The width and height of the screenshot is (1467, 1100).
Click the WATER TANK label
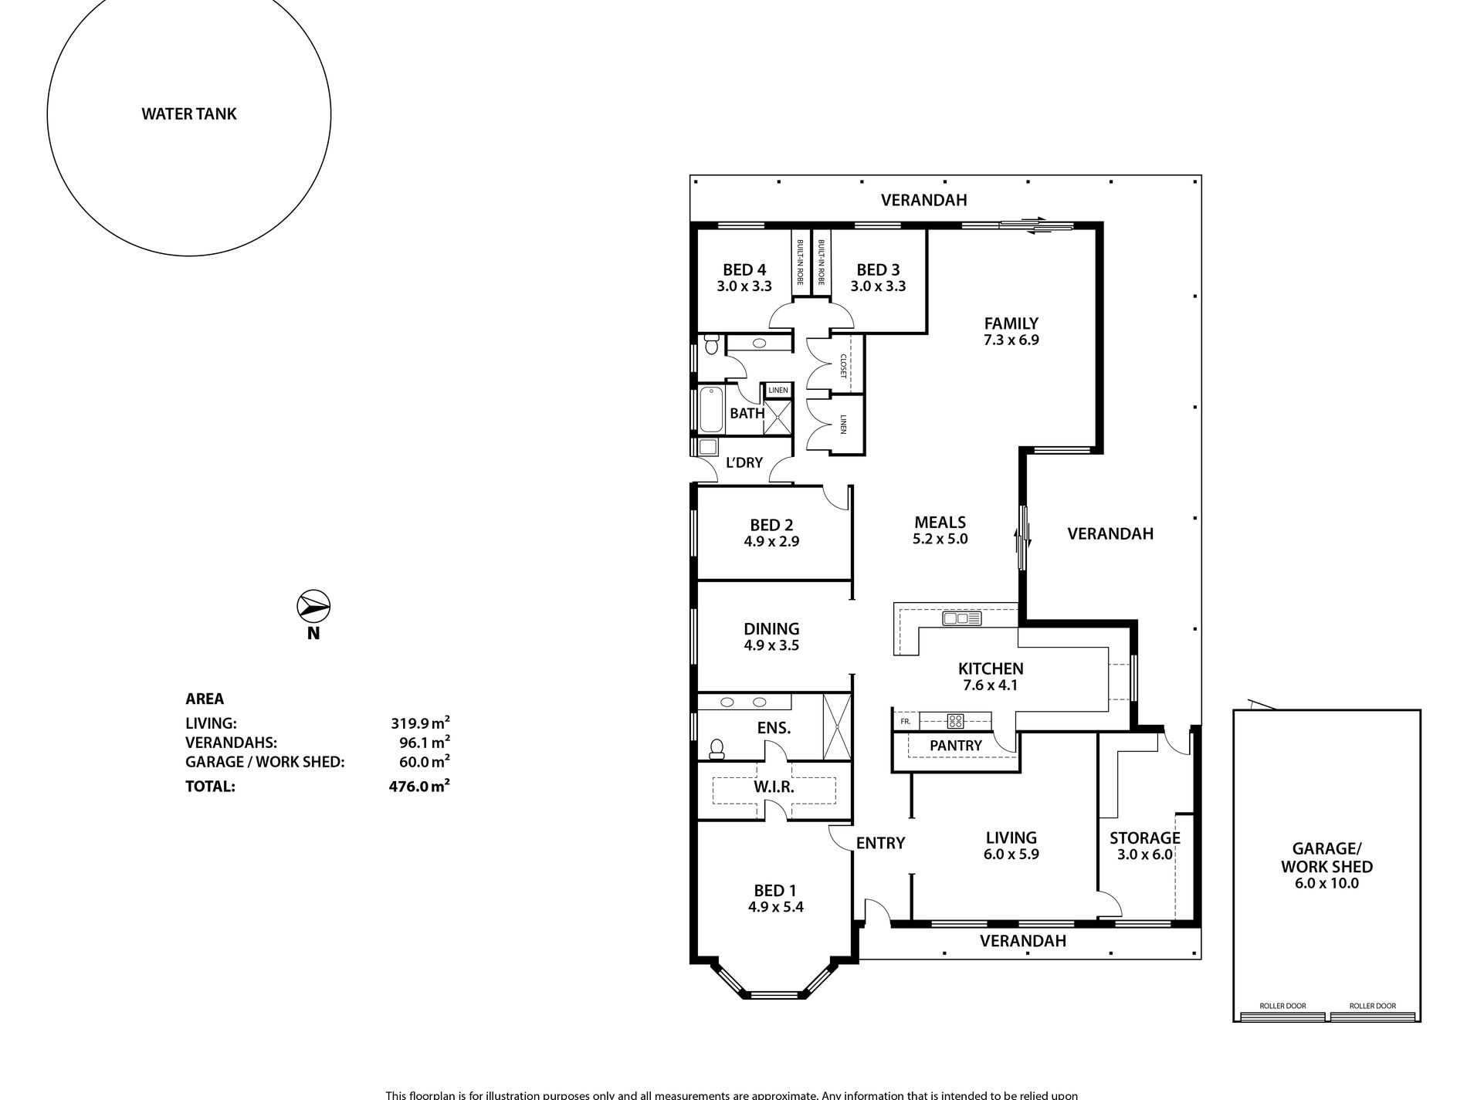point(189,114)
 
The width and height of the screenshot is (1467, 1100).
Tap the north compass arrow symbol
point(313,607)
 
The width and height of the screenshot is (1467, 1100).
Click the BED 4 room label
point(744,270)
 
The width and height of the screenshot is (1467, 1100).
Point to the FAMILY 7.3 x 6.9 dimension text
point(1011,340)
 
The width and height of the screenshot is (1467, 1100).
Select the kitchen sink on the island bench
point(961,618)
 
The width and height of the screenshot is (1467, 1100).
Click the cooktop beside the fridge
point(955,722)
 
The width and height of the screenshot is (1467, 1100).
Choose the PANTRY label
point(955,746)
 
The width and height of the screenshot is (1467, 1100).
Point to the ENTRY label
point(880,843)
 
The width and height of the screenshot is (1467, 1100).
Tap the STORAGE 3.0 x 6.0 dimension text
point(1144,855)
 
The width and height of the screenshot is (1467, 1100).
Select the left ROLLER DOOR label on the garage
point(1282,1006)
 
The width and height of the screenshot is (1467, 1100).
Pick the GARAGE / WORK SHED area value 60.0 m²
point(420,762)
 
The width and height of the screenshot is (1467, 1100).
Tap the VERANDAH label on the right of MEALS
point(1110,533)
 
